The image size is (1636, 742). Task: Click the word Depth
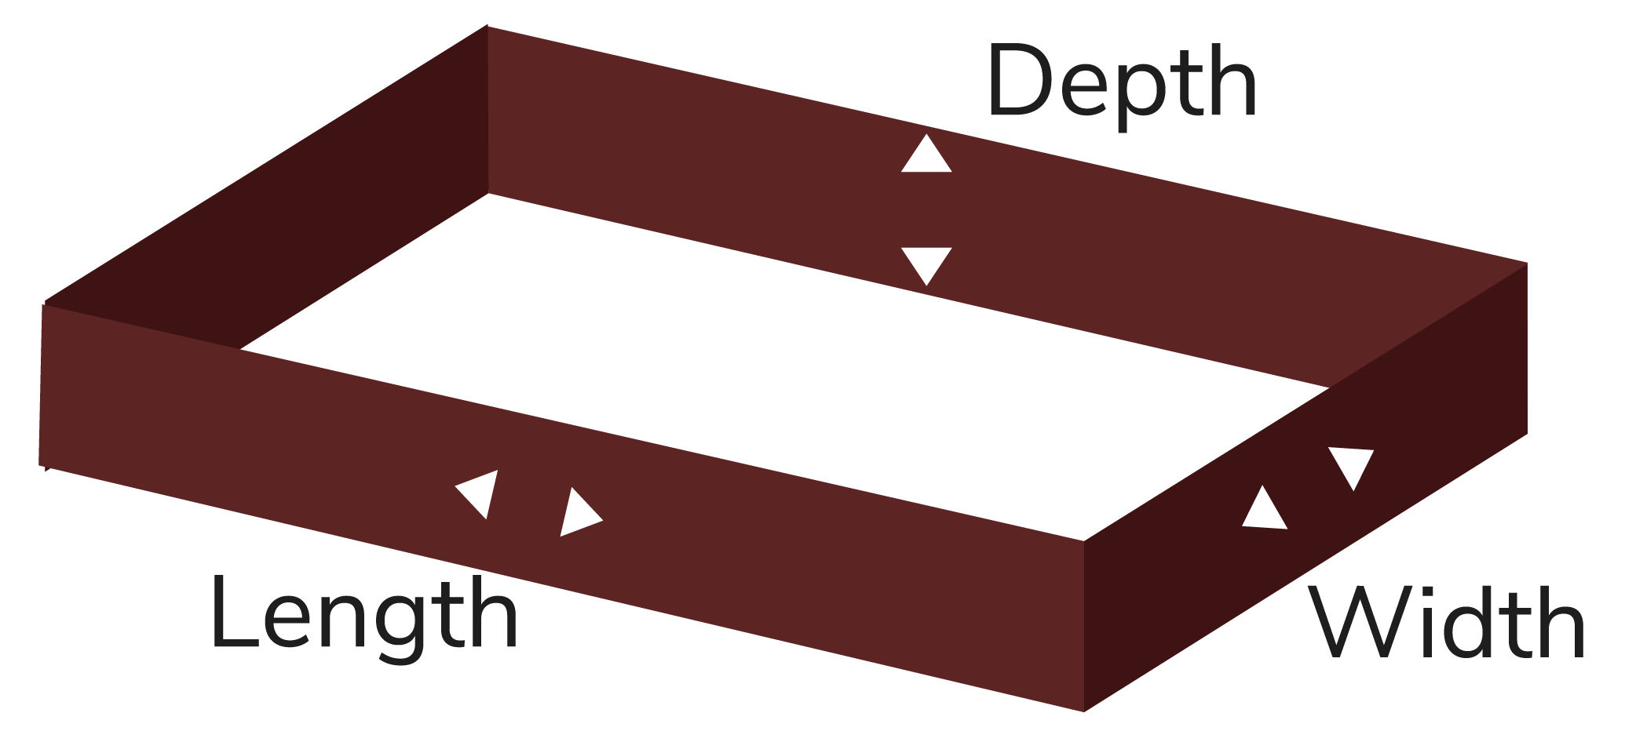pos(1123,83)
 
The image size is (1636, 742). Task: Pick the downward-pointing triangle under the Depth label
pos(926,263)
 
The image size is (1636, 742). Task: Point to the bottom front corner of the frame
pos(1084,711)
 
